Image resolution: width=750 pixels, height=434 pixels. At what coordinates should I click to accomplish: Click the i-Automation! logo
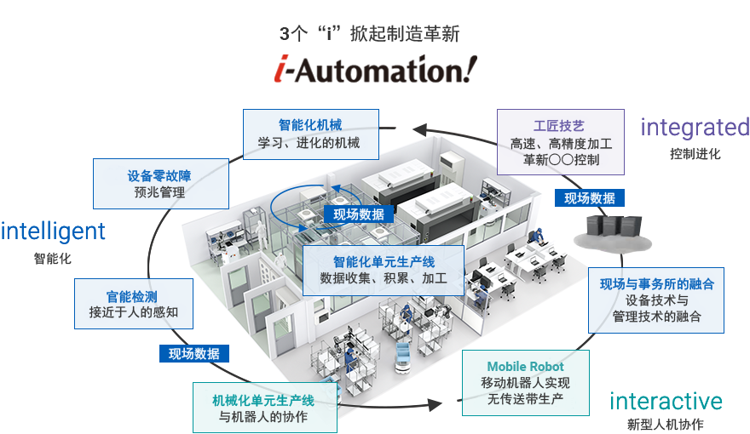[370, 69]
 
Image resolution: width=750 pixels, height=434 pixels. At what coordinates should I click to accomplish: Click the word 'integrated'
[695, 128]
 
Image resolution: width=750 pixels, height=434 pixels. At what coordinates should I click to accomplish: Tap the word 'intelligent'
[54, 231]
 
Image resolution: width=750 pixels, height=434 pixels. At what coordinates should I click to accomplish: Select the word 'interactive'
[666, 401]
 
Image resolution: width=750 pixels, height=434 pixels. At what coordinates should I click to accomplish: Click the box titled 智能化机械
[309, 133]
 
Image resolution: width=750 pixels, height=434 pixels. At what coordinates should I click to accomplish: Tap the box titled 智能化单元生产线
[383, 270]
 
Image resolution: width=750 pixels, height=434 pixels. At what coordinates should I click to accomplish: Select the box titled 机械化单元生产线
[263, 408]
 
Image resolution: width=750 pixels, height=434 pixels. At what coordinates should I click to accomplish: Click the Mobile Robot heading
[526, 367]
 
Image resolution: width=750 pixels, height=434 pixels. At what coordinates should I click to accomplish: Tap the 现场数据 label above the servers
[590, 198]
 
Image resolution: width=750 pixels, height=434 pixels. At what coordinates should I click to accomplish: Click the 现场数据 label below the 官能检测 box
[193, 353]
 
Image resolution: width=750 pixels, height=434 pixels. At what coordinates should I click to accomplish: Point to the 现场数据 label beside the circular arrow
[358, 214]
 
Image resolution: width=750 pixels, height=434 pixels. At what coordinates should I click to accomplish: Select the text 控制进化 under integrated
[695, 155]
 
